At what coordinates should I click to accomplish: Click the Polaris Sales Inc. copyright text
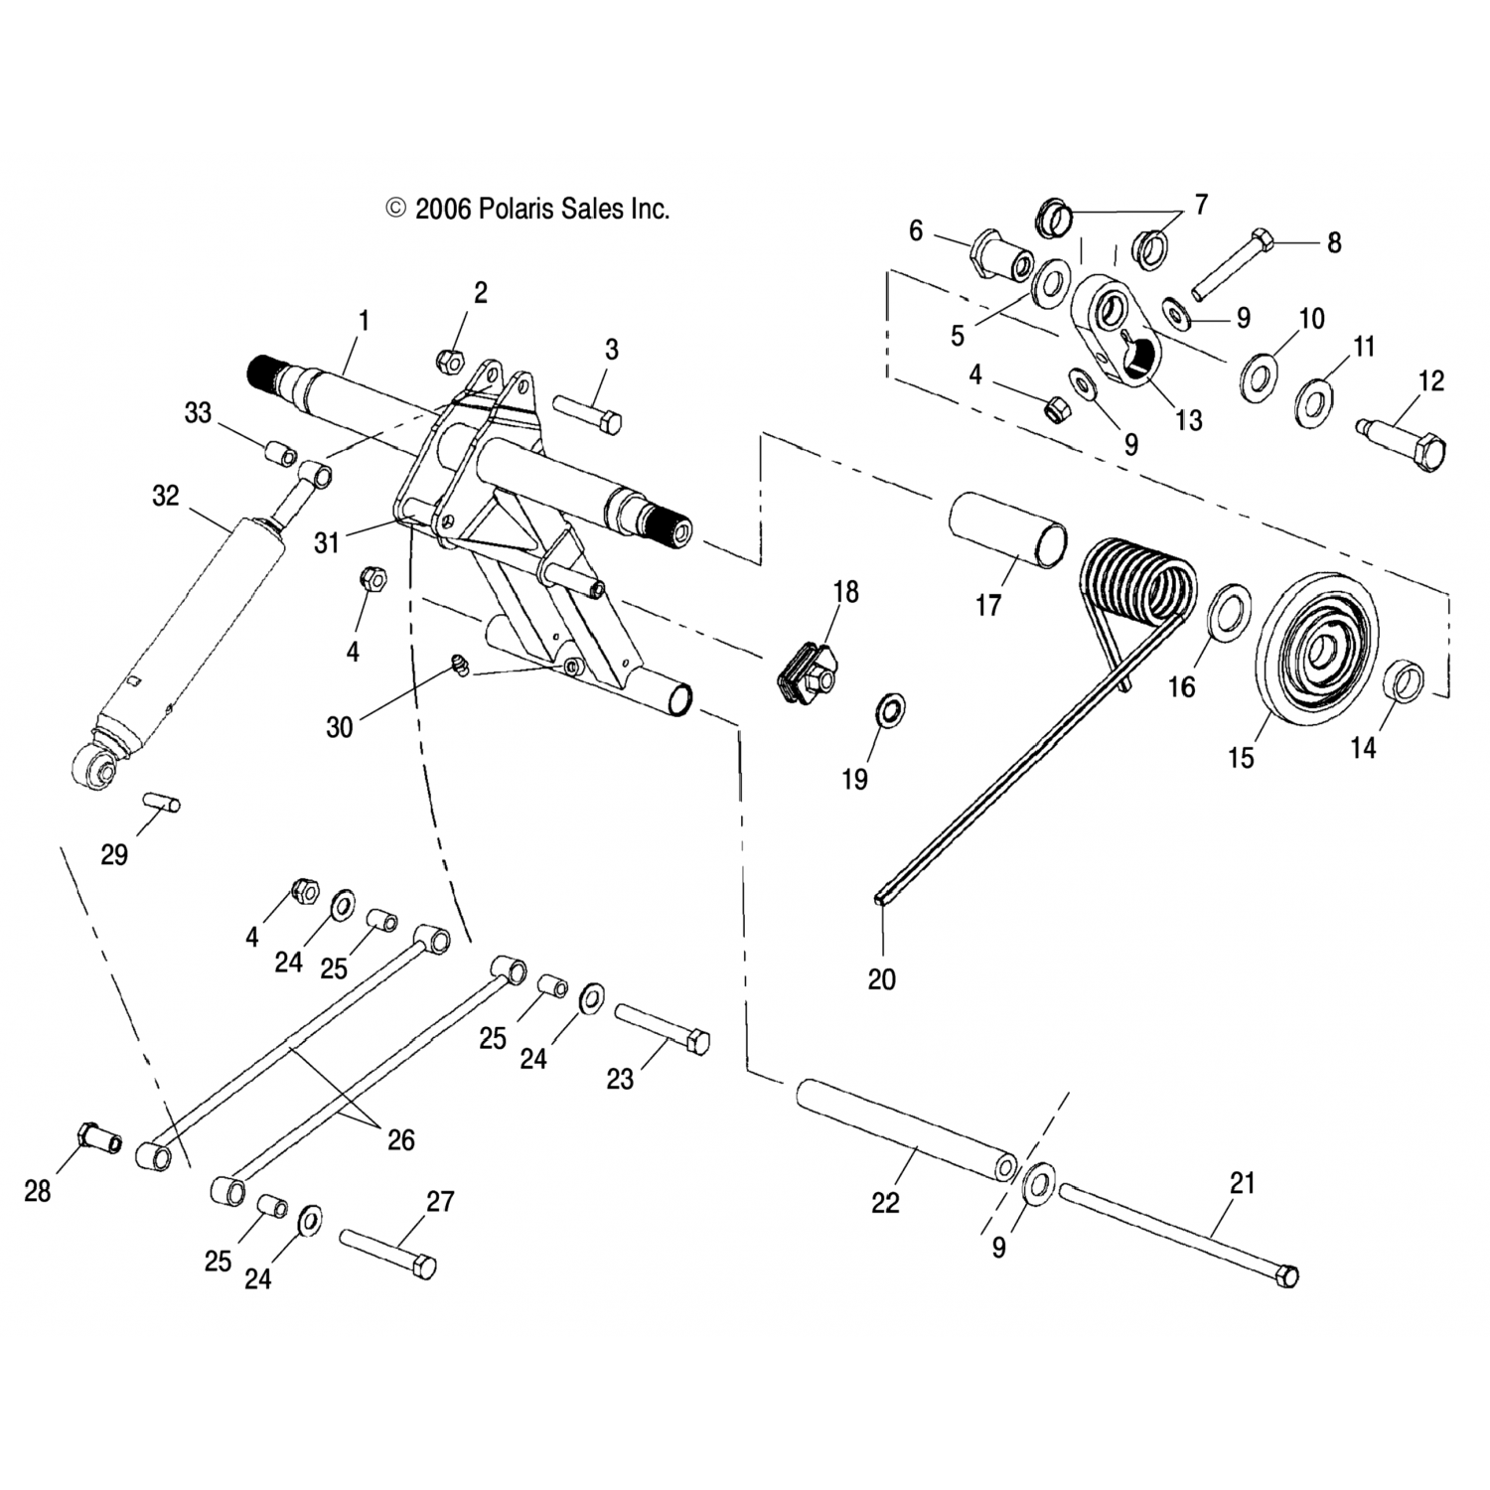point(528,209)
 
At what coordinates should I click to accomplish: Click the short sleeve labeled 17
point(1008,526)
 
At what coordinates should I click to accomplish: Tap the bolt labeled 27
point(388,1254)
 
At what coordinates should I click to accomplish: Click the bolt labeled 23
point(662,1028)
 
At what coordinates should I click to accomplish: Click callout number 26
point(401,1139)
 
